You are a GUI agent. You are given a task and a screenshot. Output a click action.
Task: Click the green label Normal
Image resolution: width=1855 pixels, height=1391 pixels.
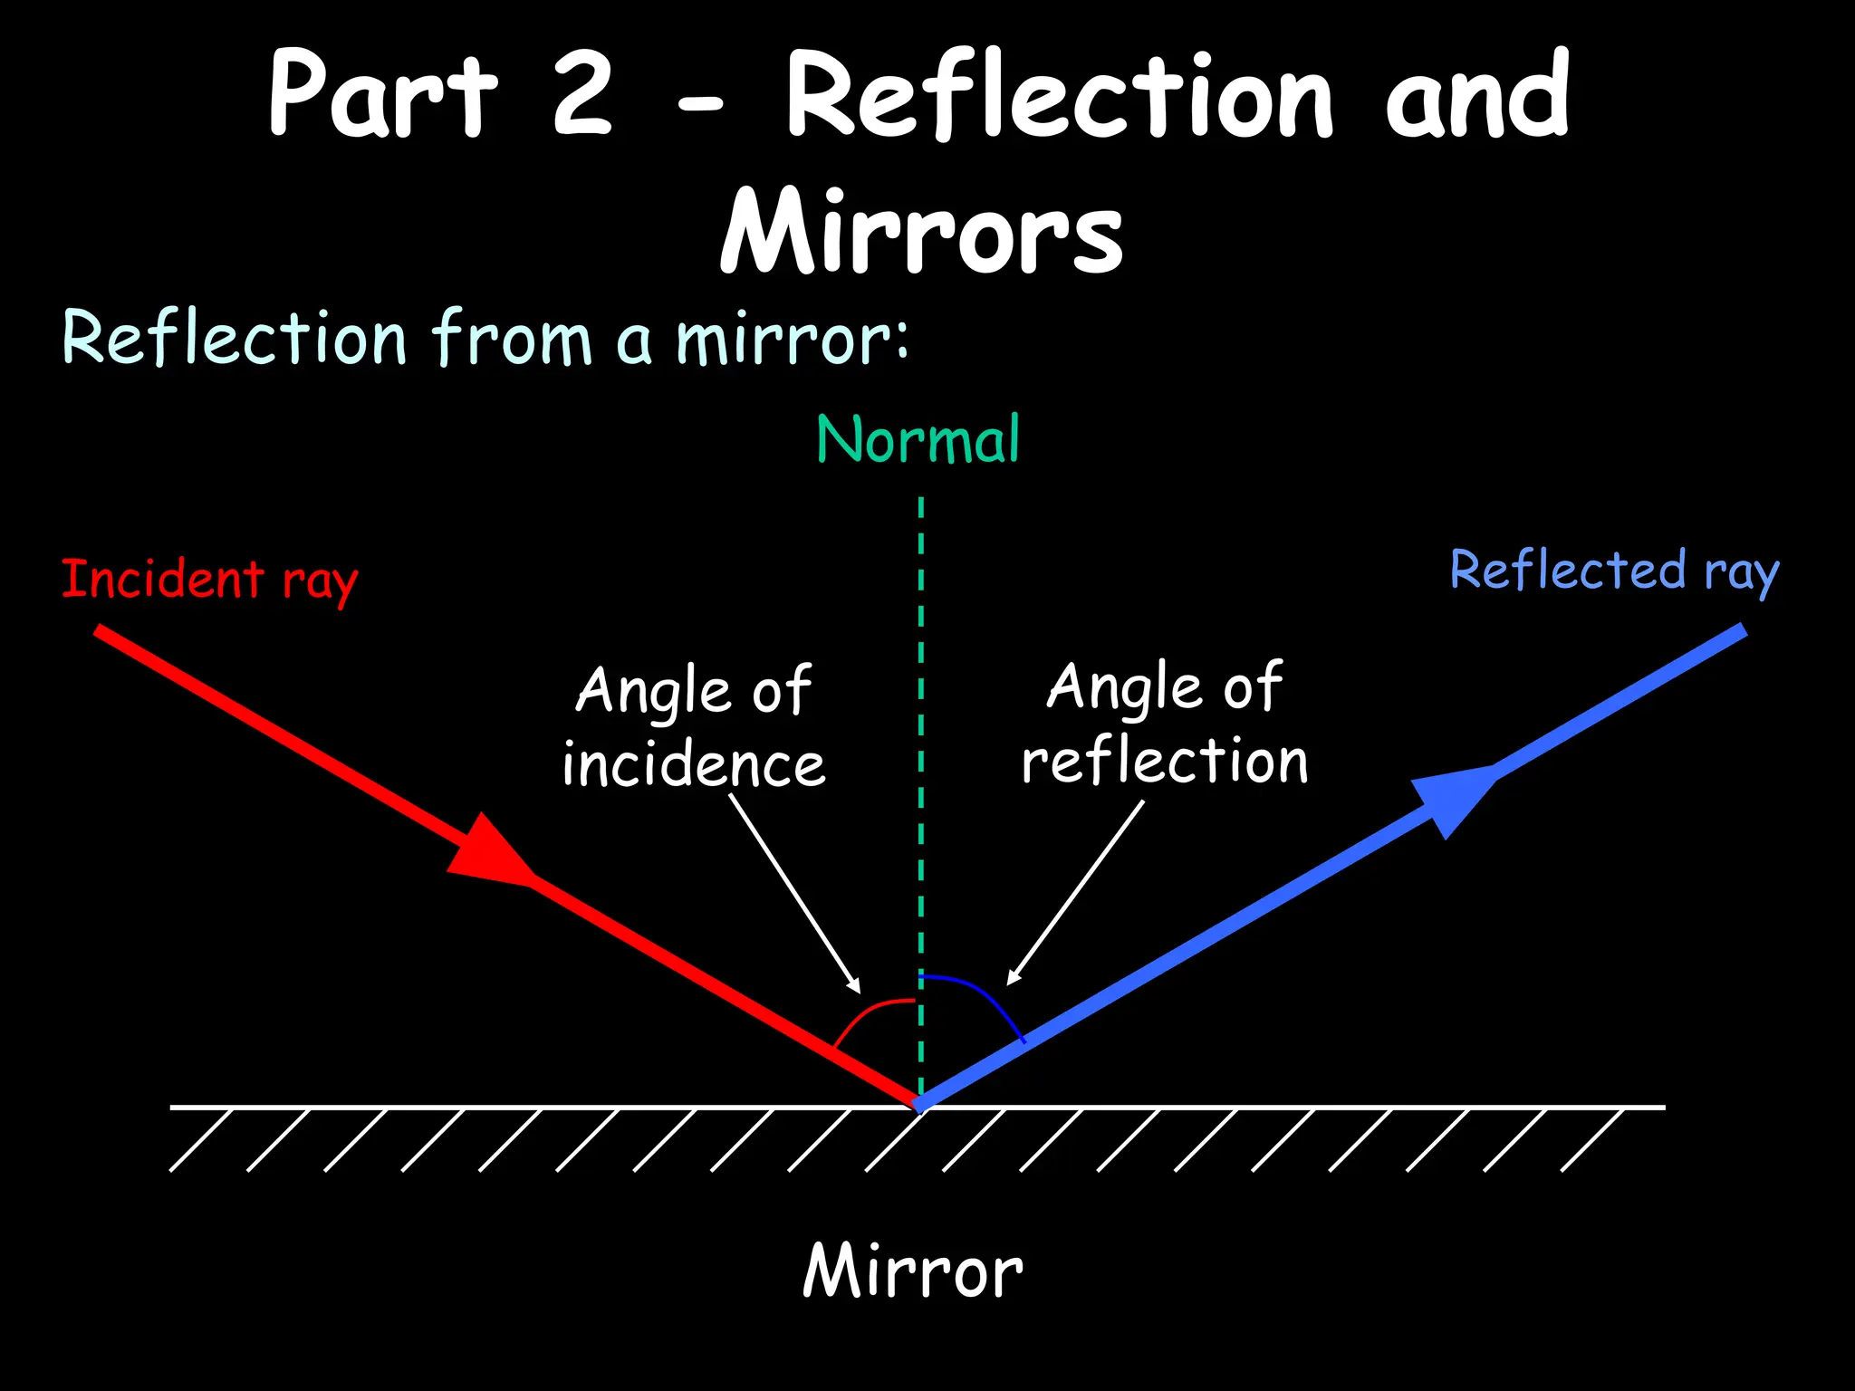pos(918,440)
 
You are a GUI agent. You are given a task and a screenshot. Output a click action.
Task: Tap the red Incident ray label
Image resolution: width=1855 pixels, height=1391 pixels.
pos(209,580)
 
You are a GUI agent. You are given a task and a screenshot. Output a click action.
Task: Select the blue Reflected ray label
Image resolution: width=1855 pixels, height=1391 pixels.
pos(1614,571)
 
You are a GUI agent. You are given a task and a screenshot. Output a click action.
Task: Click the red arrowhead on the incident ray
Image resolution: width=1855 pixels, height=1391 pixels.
pos(489,849)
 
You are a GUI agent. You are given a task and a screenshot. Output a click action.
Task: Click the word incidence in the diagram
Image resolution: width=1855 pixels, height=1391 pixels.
pos(694,764)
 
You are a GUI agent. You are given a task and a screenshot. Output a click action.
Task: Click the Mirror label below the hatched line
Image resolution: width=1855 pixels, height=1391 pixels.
pos(913,1271)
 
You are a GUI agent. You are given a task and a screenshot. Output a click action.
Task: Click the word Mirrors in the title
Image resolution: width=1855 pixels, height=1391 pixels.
pos(921,233)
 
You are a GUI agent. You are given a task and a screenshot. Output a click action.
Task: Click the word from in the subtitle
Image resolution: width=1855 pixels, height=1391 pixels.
pos(512,339)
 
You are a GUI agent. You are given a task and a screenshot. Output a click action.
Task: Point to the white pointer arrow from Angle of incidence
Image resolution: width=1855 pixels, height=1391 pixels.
pos(794,893)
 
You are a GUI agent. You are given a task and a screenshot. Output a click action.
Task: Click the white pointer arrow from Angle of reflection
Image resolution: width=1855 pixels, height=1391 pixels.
pos(1076,892)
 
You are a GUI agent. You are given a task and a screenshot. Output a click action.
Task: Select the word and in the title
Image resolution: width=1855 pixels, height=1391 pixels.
pos(1477,95)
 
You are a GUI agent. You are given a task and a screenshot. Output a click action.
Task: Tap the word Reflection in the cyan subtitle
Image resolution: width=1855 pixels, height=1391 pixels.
pos(234,339)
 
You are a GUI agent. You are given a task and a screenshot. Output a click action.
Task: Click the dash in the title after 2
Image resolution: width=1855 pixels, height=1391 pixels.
pos(700,108)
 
